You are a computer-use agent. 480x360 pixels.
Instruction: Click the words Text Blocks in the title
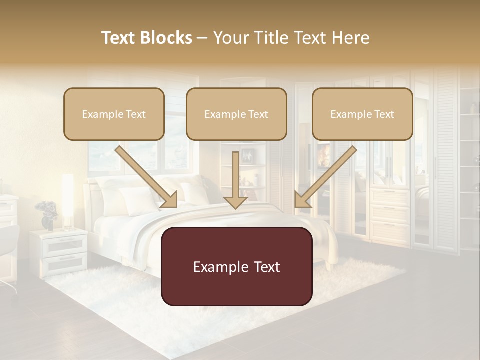[x=146, y=38]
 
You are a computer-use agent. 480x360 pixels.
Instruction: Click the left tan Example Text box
[x=114, y=114]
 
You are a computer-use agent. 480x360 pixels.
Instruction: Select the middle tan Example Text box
[x=236, y=114]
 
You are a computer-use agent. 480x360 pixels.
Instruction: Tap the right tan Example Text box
[x=362, y=114]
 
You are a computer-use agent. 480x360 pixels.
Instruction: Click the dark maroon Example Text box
[x=236, y=266]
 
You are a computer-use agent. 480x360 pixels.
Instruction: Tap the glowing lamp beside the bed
[x=68, y=200]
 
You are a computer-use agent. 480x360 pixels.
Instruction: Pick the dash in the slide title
[x=202, y=38]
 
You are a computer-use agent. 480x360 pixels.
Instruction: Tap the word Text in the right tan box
[x=384, y=114]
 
